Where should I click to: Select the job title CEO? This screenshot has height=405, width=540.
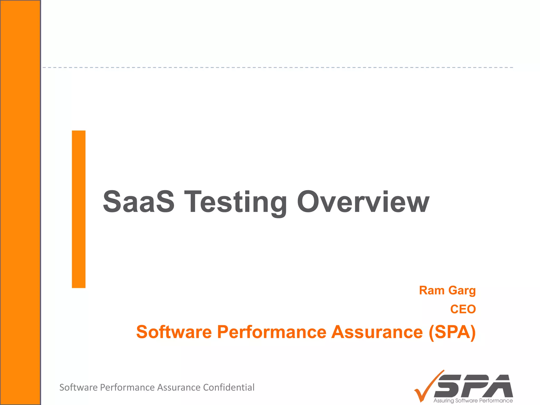(x=463, y=309)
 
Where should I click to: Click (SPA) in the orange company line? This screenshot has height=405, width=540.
(x=452, y=332)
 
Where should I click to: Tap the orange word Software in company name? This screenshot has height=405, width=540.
(x=174, y=332)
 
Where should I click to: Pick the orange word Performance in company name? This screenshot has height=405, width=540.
(x=271, y=332)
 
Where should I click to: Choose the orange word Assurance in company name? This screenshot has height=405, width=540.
(x=377, y=332)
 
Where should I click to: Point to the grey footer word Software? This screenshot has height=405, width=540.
(x=78, y=387)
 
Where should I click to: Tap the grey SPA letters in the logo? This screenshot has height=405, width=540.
(x=475, y=386)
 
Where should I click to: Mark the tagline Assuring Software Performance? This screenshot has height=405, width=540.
(x=473, y=401)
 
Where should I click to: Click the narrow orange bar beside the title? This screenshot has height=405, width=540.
(x=79, y=209)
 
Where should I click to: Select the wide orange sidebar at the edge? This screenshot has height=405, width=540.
(x=20, y=202)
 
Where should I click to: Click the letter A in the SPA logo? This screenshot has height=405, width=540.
(x=500, y=386)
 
